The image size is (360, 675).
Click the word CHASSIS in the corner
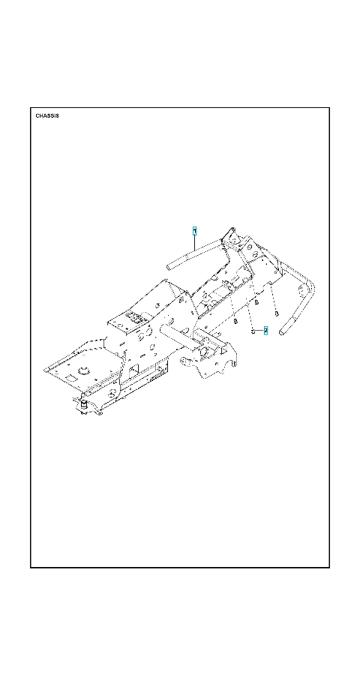(47, 115)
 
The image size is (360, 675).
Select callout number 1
(195, 231)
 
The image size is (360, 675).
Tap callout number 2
(265, 331)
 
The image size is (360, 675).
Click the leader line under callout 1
(195, 242)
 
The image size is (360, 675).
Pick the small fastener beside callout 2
(253, 331)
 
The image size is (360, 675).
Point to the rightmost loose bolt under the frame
(277, 313)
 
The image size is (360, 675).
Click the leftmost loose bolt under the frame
(235, 321)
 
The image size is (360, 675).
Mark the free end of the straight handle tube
(170, 266)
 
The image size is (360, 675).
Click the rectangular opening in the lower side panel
(133, 369)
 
